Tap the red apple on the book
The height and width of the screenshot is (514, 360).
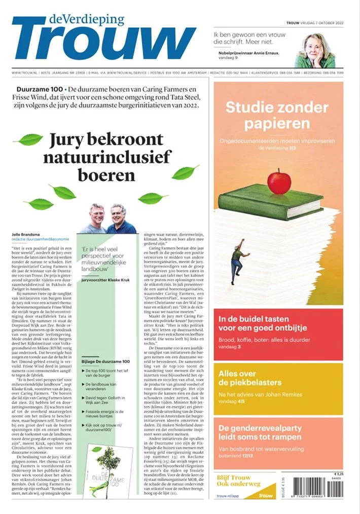click(279, 181)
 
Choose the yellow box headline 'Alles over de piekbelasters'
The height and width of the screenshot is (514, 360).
click(248, 379)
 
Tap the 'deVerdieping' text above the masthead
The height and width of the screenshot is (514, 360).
click(86, 19)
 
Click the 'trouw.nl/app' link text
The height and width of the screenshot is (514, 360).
click(226, 494)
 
